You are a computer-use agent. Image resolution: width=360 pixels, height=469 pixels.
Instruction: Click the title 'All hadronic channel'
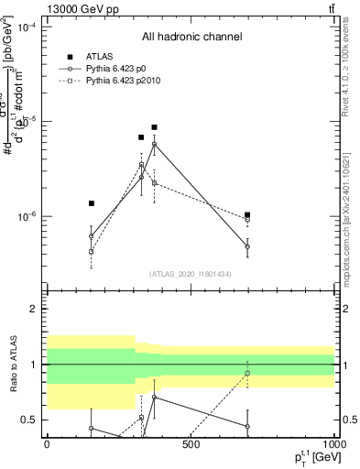pos(191,37)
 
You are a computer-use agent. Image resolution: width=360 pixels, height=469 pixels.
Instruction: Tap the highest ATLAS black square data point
pos(154,127)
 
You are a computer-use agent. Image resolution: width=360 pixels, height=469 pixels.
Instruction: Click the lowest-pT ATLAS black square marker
pos(92,203)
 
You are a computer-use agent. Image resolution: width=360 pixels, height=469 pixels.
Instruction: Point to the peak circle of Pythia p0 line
pos(154,144)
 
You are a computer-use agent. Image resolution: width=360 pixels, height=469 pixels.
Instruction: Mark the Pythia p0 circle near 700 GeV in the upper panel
pos(247,246)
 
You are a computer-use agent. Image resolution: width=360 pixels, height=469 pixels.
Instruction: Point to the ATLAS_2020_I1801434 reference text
pos(191,274)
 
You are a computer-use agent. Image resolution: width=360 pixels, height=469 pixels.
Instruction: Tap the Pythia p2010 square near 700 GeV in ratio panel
pos(247,374)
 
